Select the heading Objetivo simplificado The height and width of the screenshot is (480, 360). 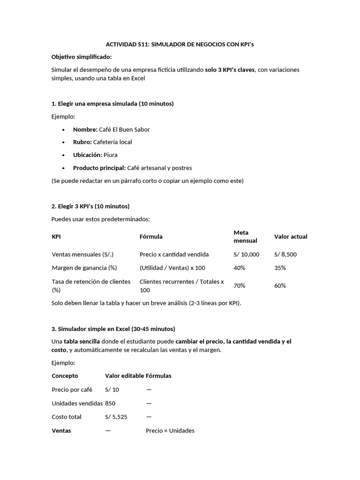tap(82, 57)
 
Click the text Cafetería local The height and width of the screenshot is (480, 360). tap(112, 142)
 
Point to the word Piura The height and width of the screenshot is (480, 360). tap(110, 155)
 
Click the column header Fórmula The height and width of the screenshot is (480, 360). tap(151, 237)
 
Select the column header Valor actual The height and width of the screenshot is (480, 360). tap(291, 237)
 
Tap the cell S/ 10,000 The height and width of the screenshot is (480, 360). tap(246, 254)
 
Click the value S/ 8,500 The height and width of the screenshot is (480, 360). tap(285, 254)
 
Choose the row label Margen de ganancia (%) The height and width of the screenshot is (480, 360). tap(84, 268)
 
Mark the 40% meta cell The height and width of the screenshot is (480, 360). tap(239, 268)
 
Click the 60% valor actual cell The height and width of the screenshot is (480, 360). tap(280, 285)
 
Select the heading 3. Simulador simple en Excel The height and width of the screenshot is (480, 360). tap(113, 329)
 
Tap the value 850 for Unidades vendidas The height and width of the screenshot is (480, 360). tap(110, 403)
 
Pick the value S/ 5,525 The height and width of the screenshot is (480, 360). tap(117, 417)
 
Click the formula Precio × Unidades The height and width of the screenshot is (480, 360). tap(170, 430)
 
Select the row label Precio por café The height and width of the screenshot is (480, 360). tap(72, 390)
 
